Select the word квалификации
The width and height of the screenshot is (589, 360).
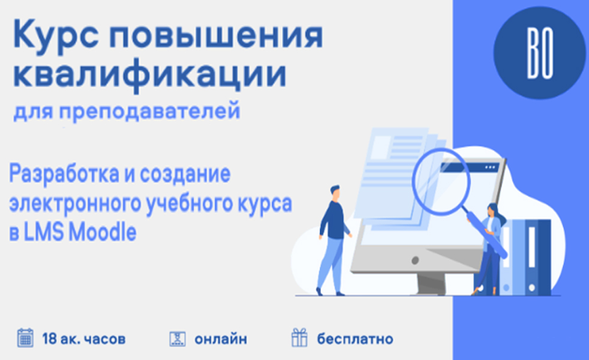click(150, 74)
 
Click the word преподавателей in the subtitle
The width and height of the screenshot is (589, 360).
click(149, 111)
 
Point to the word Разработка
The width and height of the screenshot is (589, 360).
click(64, 174)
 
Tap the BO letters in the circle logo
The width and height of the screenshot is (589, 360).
click(540, 53)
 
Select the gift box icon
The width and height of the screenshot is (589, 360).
click(299, 337)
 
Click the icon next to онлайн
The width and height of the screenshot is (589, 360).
click(178, 338)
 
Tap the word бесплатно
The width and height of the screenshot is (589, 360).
click(355, 339)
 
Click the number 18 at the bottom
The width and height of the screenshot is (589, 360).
click(49, 339)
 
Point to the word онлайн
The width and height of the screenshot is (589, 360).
click(221, 340)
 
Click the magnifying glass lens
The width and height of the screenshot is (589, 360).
click(441, 182)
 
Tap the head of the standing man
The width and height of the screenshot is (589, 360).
click(335, 193)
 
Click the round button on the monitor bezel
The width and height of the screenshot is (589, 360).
click(415, 260)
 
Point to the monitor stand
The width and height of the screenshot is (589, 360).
click(431, 284)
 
